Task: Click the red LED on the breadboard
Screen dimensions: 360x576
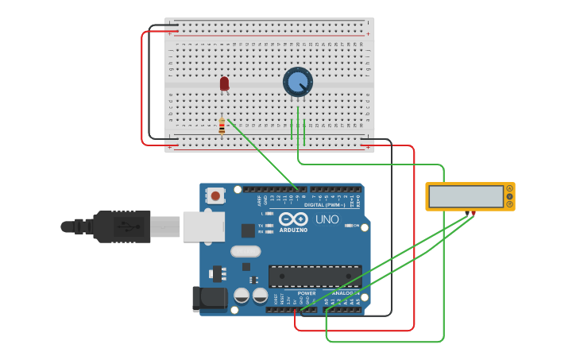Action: (224, 83)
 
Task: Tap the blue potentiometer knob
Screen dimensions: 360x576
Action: (298, 82)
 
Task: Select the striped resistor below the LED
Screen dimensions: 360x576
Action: (222, 126)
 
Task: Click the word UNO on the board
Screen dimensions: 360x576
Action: (327, 219)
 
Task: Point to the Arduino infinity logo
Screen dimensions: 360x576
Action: (292, 219)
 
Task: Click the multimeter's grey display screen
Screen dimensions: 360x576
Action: (466, 196)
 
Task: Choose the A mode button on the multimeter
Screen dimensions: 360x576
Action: (509, 188)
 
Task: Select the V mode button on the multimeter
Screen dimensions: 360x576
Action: (509, 196)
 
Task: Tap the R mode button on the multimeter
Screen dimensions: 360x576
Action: (509, 204)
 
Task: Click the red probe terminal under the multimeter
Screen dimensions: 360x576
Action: (474, 213)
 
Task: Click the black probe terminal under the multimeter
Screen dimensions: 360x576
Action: (470, 213)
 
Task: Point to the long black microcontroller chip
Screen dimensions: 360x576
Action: (315, 276)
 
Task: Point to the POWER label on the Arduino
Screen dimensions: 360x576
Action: (307, 292)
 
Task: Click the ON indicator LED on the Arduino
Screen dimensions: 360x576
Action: (348, 225)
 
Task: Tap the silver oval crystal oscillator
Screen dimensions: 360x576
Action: (245, 252)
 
